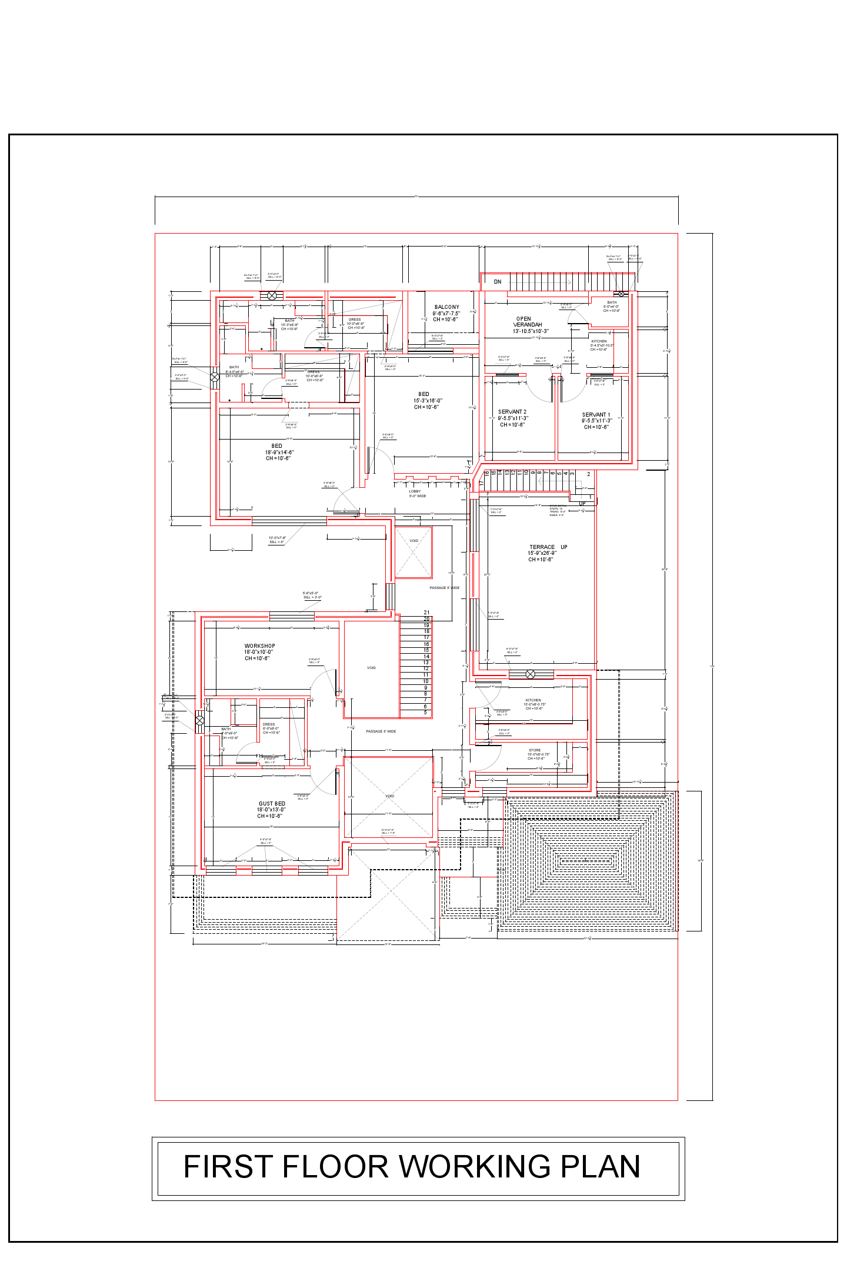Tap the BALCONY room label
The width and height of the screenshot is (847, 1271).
click(446, 307)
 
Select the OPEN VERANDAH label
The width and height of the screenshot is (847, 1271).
click(526, 322)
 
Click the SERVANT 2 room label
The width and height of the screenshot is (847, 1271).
click(512, 412)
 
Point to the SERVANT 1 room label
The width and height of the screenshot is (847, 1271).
click(596, 415)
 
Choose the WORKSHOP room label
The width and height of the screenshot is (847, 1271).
click(259, 646)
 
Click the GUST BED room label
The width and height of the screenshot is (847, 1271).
click(272, 804)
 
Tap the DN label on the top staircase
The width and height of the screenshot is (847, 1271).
click(498, 282)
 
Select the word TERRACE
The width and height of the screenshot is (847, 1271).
click(542, 547)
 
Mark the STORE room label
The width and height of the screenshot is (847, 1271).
click(535, 750)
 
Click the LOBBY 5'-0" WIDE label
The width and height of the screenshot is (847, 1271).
click(416, 494)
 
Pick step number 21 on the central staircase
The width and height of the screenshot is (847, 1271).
click(426, 613)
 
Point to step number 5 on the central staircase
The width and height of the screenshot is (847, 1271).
click(425, 713)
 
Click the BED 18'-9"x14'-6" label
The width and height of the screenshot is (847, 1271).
click(277, 452)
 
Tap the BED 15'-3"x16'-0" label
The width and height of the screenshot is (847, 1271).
click(426, 400)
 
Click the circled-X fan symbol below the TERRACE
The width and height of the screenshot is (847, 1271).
click(530, 674)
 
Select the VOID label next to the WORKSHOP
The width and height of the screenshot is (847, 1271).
click(371, 668)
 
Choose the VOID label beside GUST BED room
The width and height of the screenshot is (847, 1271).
click(389, 796)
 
